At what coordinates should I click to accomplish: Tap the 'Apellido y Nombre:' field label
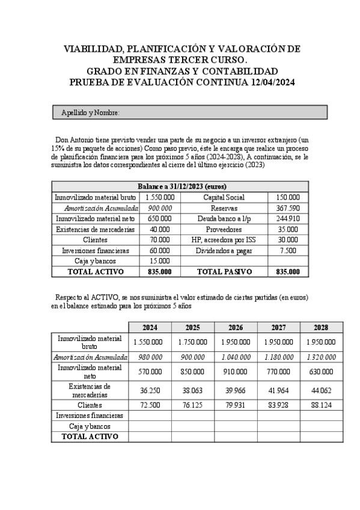[x=90, y=113]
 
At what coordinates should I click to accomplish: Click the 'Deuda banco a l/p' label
[x=224, y=218]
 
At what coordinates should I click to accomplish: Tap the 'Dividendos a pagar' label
[x=224, y=250]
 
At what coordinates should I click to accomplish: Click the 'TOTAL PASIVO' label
[x=224, y=272]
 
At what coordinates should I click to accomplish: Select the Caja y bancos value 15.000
[x=160, y=261]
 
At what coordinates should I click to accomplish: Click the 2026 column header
[x=236, y=328]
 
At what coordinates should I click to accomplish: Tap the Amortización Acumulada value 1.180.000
[x=278, y=357]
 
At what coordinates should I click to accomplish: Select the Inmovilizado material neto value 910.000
[x=236, y=371]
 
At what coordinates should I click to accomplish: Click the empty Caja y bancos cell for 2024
[x=150, y=426]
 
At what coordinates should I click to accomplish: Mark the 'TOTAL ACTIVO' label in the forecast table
[x=90, y=437]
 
